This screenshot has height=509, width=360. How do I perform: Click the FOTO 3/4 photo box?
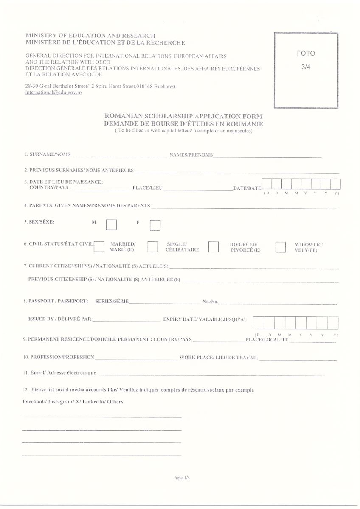(306, 70)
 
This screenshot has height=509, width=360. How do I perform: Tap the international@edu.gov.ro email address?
(53, 92)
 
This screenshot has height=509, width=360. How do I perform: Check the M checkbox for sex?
(111, 225)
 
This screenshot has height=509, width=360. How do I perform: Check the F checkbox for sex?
(155, 225)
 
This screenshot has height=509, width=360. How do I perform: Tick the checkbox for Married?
(99, 246)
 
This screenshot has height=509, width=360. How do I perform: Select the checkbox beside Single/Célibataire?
(153, 247)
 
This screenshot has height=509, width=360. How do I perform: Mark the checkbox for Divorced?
(214, 247)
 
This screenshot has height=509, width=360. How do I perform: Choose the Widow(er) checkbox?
(280, 247)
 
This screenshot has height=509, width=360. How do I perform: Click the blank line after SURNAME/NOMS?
(119, 156)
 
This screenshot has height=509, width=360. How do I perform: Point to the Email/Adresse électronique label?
(59, 373)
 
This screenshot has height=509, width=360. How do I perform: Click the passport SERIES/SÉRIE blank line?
(165, 302)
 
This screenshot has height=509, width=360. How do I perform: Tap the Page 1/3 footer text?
(181, 478)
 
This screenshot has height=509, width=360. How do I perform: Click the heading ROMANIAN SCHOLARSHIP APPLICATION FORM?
(183, 116)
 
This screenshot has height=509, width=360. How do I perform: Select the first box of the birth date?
(266, 184)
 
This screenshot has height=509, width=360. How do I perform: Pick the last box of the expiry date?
(333, 323)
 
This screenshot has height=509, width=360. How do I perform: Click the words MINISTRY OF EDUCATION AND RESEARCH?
(90, 36)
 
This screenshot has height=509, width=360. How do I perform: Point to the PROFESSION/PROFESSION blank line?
(136, 358)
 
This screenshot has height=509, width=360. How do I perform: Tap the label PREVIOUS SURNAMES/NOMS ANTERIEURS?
(79, 171)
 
